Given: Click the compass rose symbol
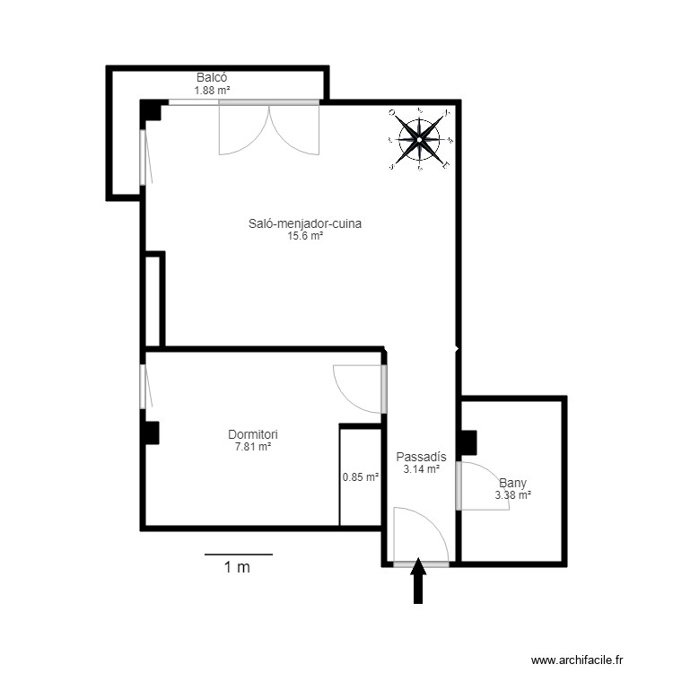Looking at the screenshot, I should [x=420, y=139].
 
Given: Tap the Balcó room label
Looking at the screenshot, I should [x=213, y=78].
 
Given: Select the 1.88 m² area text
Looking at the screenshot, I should [x=213, y=90].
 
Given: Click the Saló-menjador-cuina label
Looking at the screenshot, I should [x=305, y=224].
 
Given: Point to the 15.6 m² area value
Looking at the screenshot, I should [x=305, y=236].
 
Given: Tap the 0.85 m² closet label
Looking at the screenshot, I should [x=361, y=477].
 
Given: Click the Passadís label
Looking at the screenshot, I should [x=421, y=456].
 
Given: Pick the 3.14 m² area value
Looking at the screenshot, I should [x=421, y=468].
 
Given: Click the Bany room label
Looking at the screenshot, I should [x=513, y=482].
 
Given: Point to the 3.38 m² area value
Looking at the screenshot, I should [x=513, y=494].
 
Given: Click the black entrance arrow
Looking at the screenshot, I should [x=418, y=583].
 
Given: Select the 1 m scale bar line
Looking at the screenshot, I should [x=238, y=555].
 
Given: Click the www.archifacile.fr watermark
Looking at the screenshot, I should [x=576, y=660].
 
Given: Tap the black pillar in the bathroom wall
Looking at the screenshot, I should [x=467, y=443].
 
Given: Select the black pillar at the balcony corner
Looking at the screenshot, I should [x=152, y=109].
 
